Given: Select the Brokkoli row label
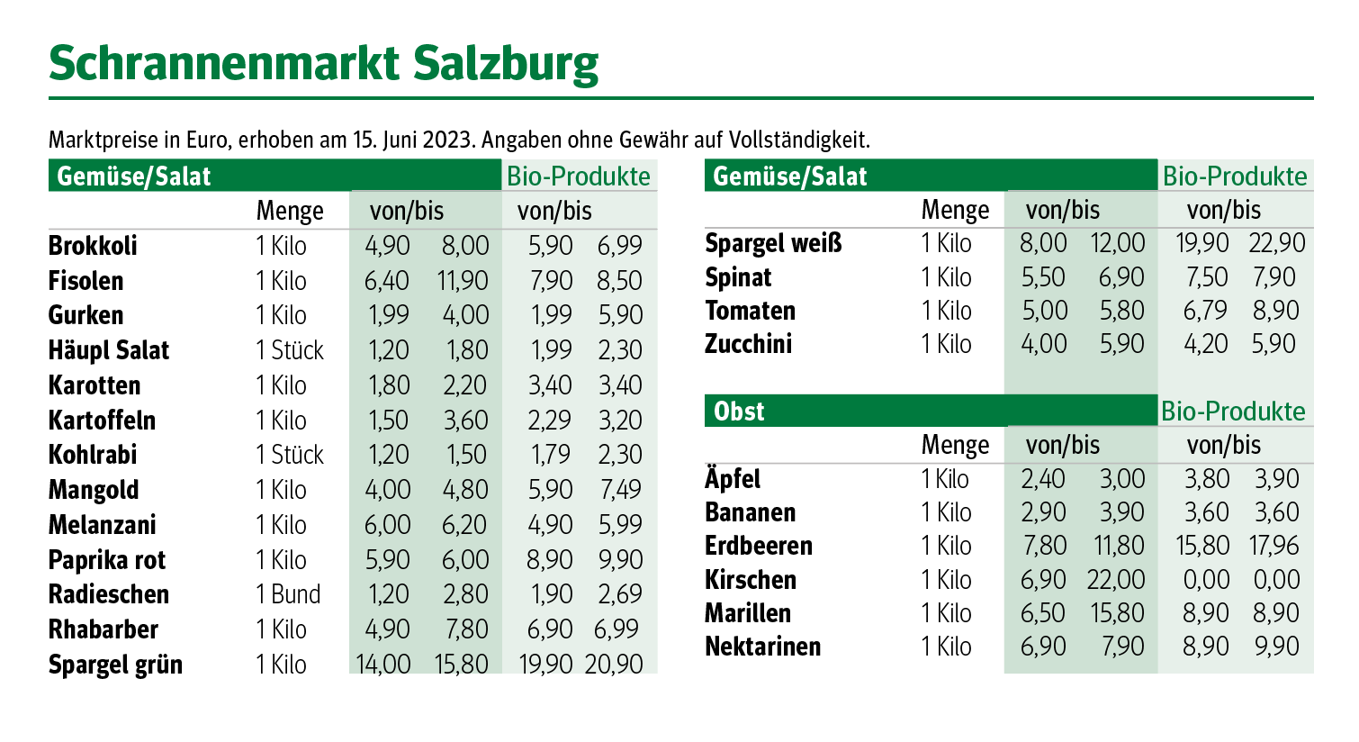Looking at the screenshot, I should pyautogui.click(x=93, y=246).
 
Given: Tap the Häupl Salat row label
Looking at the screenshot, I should pyautogui.click(x=108, y=350).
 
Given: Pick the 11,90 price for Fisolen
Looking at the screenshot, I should pyautogui.click(x=463, y=281).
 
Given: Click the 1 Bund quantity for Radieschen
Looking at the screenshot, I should pyautogui.click(x=288, y=594).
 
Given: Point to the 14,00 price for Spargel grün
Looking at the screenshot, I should pyautogui.click(x=383, y=665).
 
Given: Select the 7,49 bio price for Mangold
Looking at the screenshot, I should pyautogui.click(x=620, y=490).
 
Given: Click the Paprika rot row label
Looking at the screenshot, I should pyautogui.click(x=106, y=560).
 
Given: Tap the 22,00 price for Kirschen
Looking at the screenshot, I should pyautogui.click(x=1117, y=579).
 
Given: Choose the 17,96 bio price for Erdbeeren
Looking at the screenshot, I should pyautogui.click(x=1274, y=546).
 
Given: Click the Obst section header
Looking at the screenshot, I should pyautogui.click(x=739, y=412).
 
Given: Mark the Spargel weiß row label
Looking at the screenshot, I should pyautogui.click(x=773, y=243).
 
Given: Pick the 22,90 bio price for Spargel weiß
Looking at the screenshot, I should pyautogui.click(x=1276, y=243).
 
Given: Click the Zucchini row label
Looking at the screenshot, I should pyautogui.click(x=748, y=344).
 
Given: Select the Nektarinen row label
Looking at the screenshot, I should pyautogui.click(x=762, y=647).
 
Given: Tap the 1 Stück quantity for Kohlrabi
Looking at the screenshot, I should pyautogui.click(x=289, y=455).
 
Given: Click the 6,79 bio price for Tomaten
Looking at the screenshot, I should pyautogui.click(x=1205, y=311).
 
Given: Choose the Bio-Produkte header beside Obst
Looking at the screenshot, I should pyautogui.click(x=1233, y=412).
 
